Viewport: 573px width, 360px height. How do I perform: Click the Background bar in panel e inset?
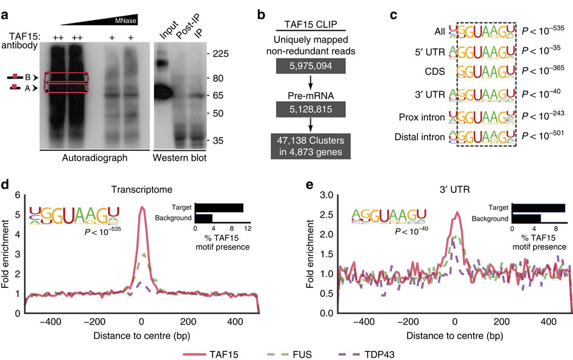click(x=526, y=218)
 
